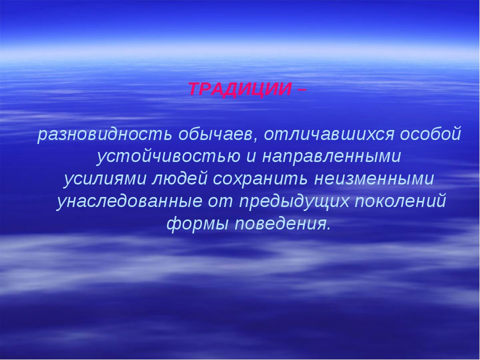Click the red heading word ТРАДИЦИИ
239,89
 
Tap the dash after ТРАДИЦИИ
301,89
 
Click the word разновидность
104,134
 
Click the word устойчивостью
168,156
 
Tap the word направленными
331,156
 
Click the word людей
179,179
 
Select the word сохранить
260,179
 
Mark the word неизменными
374,179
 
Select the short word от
220,202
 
